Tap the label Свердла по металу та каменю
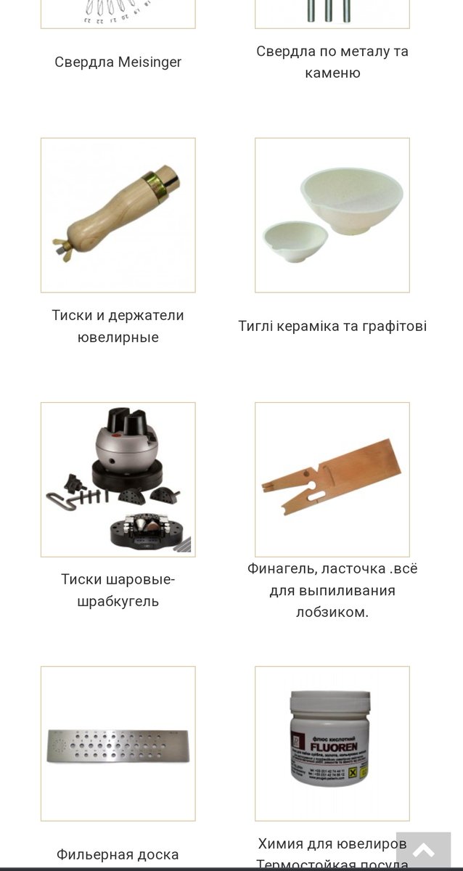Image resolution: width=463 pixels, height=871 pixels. pos(332,62)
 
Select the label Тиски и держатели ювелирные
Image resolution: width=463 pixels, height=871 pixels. pos(118,326)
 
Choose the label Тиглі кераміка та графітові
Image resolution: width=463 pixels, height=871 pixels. pos(332,326)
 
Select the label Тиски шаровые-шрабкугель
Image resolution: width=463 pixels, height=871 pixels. pos(118,590)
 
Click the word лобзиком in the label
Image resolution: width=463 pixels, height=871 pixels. pos(332,612)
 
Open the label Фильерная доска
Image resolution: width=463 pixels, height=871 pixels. pos(118,854)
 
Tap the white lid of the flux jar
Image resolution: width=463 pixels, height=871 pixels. pos(332,703)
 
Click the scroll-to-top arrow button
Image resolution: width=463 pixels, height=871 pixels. pos(423,850)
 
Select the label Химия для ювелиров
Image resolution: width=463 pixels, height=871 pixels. pos(332,844)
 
